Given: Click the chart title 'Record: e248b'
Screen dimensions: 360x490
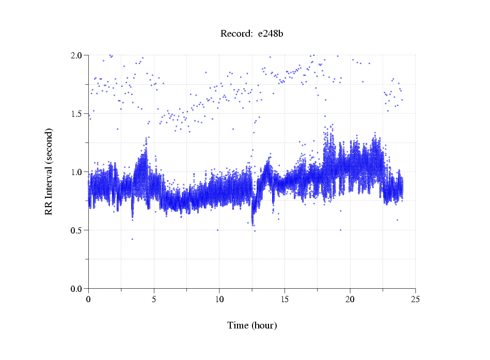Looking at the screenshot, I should coord(252,34).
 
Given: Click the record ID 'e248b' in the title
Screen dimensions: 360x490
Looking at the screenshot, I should coord(271,34).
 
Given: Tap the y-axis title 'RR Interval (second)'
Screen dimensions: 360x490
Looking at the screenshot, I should coord(49,171).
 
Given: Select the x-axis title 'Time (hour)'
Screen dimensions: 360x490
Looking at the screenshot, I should coord(252,325).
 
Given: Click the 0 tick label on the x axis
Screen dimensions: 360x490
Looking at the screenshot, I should coord(89,299).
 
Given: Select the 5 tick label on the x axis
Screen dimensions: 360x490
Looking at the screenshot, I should coord(154,299).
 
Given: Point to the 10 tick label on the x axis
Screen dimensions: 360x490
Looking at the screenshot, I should coord(219,299).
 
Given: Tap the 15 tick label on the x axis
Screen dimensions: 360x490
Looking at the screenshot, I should coord(284,299).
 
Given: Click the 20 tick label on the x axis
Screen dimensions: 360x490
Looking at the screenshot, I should coord(350,299).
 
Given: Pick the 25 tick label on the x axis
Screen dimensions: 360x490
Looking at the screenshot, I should coord(415,299).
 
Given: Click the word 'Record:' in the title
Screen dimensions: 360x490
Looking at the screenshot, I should coord(236,34).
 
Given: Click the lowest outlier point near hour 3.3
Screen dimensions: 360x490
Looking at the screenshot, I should coord(132,239).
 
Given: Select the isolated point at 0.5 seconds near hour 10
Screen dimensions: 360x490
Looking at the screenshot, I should coord(217,230).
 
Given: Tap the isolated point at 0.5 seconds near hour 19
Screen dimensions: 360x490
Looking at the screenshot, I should coord(340,230).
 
